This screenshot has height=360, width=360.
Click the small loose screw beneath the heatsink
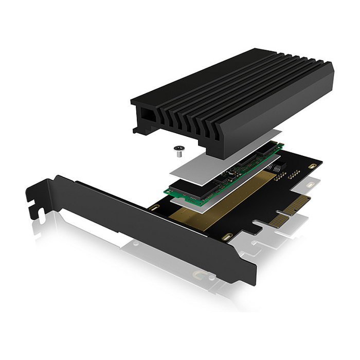pyautogui.click(x=178, y=150)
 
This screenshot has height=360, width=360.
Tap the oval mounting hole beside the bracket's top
pyautogui.click(x=153, y=208)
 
